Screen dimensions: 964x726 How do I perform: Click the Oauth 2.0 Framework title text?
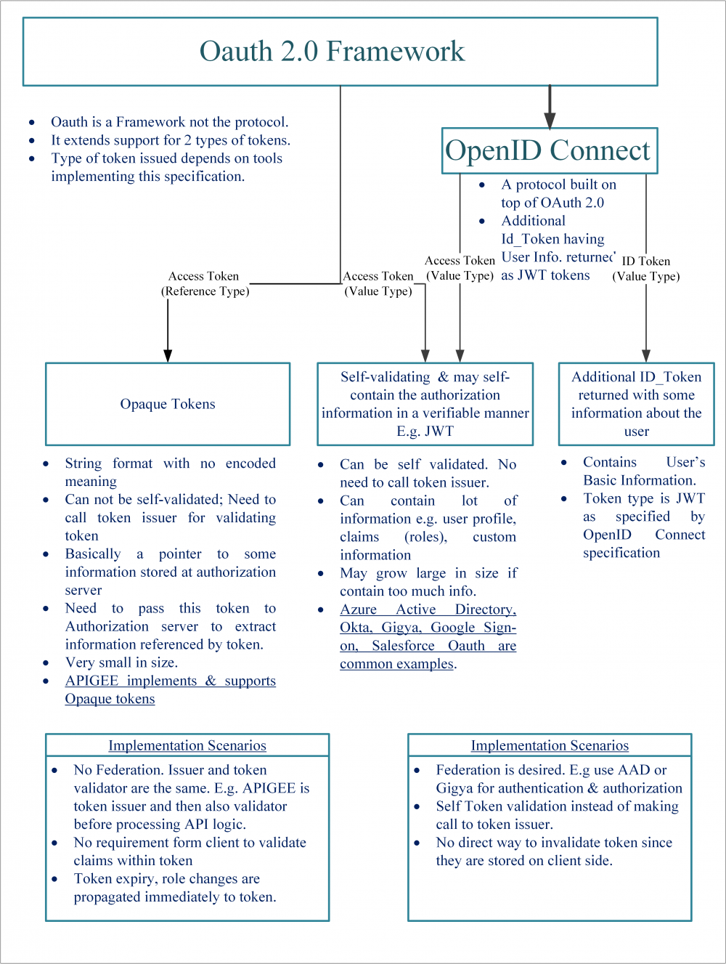332,52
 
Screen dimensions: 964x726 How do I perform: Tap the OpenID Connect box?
549,150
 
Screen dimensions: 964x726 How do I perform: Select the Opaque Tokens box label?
168,404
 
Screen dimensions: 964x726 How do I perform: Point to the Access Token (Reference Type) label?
204,283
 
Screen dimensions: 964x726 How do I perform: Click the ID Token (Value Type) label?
645,268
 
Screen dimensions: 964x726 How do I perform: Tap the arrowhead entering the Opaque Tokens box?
168,355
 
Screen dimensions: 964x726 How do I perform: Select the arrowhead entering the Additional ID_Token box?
646,355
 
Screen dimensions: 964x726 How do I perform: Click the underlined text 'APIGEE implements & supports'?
171,681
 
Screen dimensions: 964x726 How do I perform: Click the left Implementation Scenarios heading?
187,745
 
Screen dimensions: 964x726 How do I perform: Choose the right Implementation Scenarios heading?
550,745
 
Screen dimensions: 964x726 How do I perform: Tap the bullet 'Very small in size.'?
121,663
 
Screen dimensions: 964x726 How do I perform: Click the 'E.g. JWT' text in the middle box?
425,431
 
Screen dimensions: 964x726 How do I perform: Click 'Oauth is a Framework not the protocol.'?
169,122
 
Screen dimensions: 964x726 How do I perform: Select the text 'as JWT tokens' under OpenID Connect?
545,275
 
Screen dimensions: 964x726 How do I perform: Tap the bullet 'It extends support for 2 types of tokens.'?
170,140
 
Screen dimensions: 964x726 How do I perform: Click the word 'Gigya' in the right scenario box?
454,788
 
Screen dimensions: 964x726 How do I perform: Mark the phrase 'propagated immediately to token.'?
175,897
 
